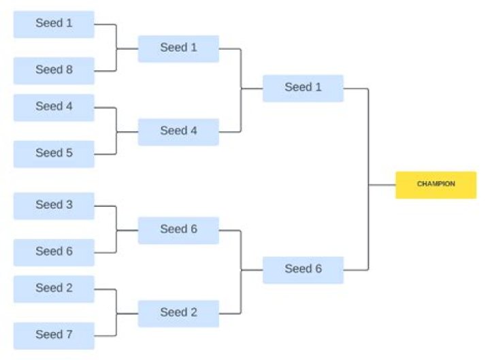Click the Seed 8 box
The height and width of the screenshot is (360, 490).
click(x=54, y=70)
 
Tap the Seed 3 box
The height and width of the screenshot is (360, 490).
click(x=54, y=206)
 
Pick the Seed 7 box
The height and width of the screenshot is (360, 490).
click(x=54, y=335)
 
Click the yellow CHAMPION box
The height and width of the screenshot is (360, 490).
click(x=436, y=184)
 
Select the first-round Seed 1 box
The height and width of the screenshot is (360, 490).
click(x=54, y=24)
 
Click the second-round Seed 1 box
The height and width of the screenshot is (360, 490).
click(x=178, y=48)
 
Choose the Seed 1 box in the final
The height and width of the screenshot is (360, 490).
click(x=303, y=88)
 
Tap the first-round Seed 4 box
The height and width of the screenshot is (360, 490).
click(x=54, y=107)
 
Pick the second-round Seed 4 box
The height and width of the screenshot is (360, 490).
click(x=178, y=131)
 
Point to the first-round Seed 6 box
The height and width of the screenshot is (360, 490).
click(x=54, y=252)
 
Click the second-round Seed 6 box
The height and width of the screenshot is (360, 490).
click(x=178, y=230)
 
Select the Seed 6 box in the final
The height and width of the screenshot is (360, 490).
click(x=303, y=269)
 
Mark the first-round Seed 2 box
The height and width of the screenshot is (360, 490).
click(x=54, y=289)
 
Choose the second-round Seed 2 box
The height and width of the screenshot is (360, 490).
click(x=178, y=313)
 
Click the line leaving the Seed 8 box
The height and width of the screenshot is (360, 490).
click(x=105, y=70)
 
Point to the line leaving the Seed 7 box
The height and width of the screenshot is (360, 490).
click(x=105, y=335)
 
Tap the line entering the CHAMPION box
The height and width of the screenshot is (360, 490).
click(x=382, y=184)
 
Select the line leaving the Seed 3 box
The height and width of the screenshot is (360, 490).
click(x=105, y=206)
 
